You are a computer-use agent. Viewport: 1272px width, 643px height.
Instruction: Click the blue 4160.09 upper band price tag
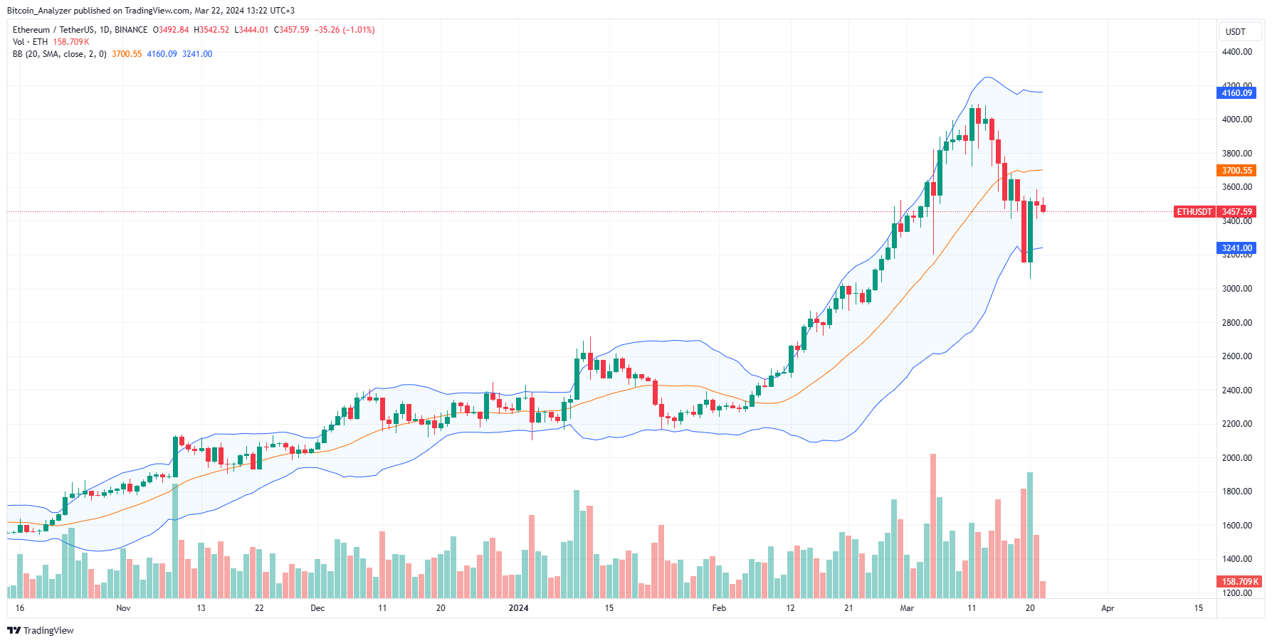tap(1236, 93)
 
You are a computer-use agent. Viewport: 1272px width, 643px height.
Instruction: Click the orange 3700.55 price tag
tap(1236, 171)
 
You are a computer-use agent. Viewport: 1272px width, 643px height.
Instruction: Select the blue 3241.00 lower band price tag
tap(1236, 248)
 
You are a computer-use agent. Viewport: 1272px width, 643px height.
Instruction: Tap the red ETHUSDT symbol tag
tap(1194, 212)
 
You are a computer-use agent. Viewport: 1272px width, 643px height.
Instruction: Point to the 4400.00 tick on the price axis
tap(1236, 52)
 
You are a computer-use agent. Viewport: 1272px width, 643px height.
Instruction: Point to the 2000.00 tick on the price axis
tap(1236, 458)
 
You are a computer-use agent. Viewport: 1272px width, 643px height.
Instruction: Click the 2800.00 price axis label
tap(1236, 323)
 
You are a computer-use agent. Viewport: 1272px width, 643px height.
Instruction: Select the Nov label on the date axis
tap(123, 608)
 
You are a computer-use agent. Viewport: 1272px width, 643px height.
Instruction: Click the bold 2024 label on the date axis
tap(518, 608)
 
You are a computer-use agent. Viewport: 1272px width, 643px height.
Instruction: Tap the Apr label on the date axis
tap(1108, 608)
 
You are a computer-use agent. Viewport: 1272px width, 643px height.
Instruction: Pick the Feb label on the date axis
tap(719, 608)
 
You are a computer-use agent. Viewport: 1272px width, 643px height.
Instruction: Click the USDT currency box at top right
tap(1236, 32)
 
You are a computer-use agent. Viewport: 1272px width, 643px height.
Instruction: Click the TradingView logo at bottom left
tap(41, 631)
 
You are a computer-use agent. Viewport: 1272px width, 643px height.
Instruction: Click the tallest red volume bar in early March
tap(933, 526)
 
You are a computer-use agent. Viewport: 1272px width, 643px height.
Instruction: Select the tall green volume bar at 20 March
tap(1030, 533)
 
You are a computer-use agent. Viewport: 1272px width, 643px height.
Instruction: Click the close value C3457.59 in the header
tap(292, 30)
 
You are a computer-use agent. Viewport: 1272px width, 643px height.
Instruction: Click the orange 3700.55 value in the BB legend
tap(127, 54)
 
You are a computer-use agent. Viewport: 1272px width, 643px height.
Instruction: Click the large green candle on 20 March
tap(1030, 231)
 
